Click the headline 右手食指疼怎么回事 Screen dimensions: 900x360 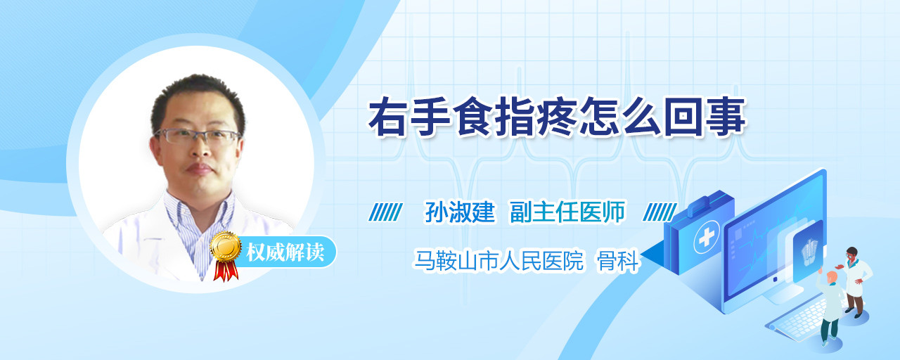coord(558,117)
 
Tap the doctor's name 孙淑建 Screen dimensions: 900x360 coord(460,212)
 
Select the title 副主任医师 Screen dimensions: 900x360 coord(567,212)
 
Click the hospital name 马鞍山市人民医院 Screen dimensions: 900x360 coord(499,260)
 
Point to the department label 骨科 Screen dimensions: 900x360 coord(618,260)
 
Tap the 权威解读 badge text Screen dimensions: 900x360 coord(285,252)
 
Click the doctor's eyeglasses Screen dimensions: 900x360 coord(197,136)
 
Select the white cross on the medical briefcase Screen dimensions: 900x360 coord(706,238)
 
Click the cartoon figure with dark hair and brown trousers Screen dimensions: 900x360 coord(855,282)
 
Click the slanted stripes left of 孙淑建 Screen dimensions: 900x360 coord(385,212)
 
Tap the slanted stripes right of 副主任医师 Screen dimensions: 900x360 coord(660,212)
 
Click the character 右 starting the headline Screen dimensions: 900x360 coord(387,117)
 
